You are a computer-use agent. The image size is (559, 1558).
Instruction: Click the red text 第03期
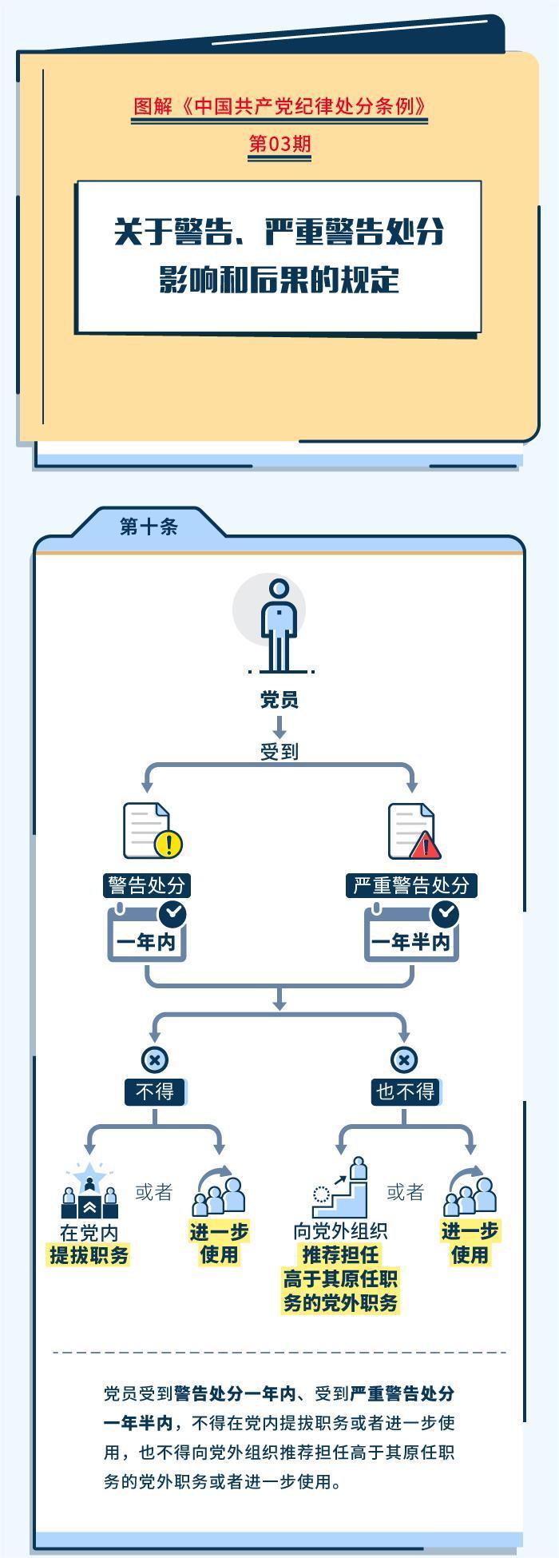click(x=279, y=144)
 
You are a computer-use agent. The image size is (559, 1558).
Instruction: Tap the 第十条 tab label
click(x=149, y=527)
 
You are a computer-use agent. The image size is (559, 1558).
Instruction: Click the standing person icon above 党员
click(x=279, y=626)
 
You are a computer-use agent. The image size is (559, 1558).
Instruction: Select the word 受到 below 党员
click(x=279, y=752)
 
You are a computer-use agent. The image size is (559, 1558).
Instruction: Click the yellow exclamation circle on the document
click(x=169, y=844)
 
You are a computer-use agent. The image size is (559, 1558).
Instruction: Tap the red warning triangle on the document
click(x=425, y=845)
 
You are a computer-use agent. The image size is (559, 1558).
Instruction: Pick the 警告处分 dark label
click(x=147, y=885)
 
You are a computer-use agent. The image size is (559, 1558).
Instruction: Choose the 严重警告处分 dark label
click(x=411, y=885)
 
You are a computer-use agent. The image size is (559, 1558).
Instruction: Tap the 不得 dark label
click(x=155, y=1091)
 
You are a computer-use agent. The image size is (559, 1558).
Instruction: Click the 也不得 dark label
click(x=405, y=1091)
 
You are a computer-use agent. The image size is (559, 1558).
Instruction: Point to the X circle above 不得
click(x=155, y=1060)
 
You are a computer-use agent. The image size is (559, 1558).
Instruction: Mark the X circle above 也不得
click(x=404, y=1060)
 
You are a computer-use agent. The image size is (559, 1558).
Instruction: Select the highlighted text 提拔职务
click(x=89, y=1255)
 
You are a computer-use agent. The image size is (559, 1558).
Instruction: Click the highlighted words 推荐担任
click(x=340, y=1254)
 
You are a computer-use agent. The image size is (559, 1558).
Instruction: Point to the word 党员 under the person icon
click(x=279, y=701)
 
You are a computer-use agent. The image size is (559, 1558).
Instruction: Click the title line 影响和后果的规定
click(x=279, y=280)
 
